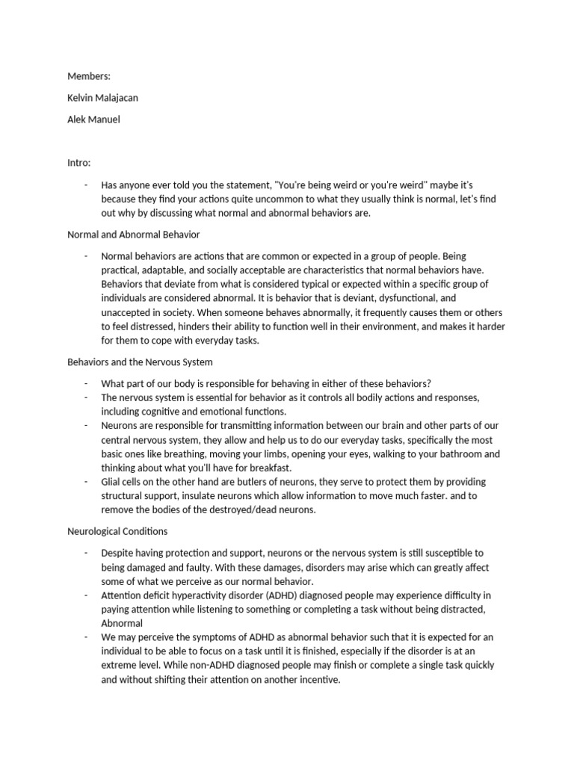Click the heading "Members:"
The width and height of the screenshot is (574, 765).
pyautogui.click(x=89, y=76)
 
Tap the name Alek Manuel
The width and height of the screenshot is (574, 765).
pyautogui.click(x=93, y=119)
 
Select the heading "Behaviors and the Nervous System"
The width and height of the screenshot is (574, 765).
pyautogui.click(x=140, y=362)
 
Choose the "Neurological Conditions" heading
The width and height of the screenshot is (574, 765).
pyautogui.click(x=117, y=531)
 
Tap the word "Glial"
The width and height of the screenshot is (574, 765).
pyautogui.click(x=113, y=482)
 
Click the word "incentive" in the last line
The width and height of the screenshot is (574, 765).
pyautogui.click(x=318, y=681)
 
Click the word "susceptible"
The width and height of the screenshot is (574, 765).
pyautogui.click(x=448, y=553)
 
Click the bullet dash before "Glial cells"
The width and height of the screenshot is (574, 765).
pyautogui.click(x=87, y=482)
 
